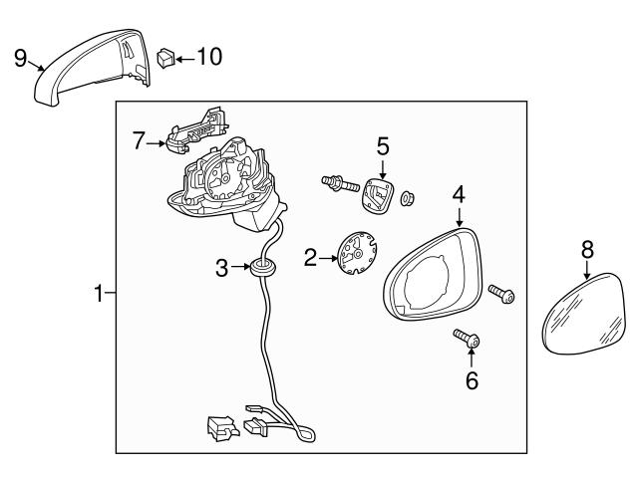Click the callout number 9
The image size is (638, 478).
20,58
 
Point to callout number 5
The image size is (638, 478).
383,146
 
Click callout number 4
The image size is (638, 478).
459,193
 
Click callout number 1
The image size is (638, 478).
98,293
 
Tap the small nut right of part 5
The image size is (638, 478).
407,198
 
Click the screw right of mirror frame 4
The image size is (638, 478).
500,292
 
